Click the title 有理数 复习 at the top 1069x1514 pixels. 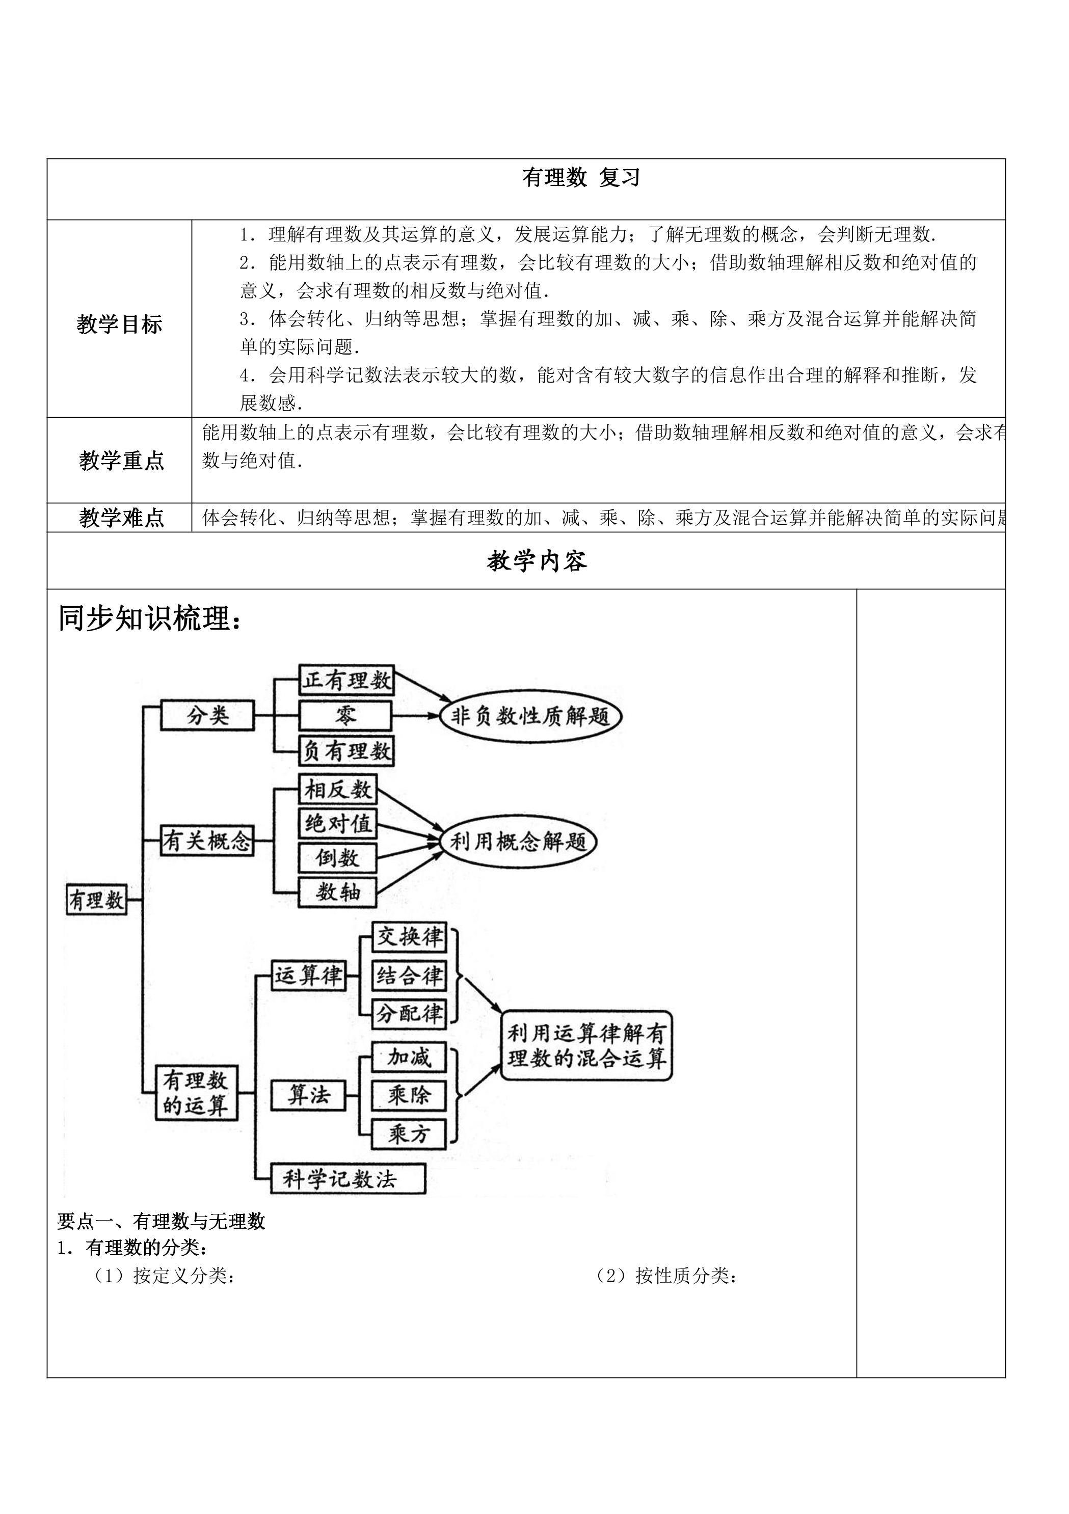point(580,177)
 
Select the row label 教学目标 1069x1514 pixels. point(119,324)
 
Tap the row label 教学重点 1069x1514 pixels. point(121,461)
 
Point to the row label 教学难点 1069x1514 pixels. point(121,518)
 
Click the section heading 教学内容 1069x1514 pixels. point(537,561)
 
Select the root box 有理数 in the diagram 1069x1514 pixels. point(96,900)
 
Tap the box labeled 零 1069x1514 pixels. point(345,715)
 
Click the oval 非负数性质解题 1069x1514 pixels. point(531,716)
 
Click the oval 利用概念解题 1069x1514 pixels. point(518,842)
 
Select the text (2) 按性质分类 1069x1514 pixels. point(666,1276)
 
